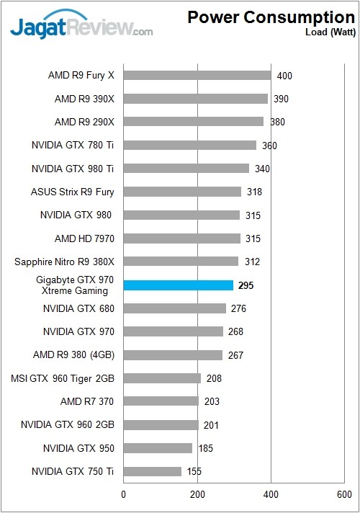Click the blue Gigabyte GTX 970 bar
(x=179, y=285)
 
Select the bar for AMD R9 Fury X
(x=197, y=75)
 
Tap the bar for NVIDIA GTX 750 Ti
(x=153, y=471)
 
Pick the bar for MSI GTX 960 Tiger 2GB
(x=162, y=378)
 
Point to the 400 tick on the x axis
(x=271, y=494)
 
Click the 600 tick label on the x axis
(x=345, y=494)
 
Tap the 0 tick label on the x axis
(x=124, y=494)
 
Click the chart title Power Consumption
(x=271, y=17)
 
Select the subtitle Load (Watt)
(x=328, y=32)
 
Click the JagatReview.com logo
(x=81, y=27)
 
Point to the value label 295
(x=246, y=286)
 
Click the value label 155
(x=193, y=472)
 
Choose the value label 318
(x=253, y=192)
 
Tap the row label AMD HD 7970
(x=85, y=238)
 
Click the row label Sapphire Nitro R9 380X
(x=65, y=262)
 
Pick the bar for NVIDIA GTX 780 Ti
(x=190, y=145)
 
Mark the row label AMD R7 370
(x=87, y=401)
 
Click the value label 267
(x=234, y=355)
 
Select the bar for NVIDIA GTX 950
(x=158, y=448)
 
